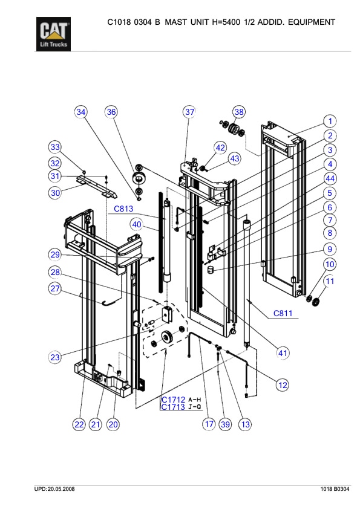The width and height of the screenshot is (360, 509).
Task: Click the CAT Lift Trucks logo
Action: [x=54, y=35]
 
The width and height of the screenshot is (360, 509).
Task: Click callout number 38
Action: [x=240, y=112]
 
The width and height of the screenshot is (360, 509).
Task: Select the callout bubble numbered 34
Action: [x=81, y=112]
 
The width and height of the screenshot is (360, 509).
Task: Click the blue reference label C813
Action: [x=124, y=210]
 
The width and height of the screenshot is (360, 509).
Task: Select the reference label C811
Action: [x=283, y=313]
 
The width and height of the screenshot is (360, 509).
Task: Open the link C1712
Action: [x=172, y=400]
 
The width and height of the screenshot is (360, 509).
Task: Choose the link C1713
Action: [x=172, y=407]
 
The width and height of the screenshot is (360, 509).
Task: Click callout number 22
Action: [x=79, y=424]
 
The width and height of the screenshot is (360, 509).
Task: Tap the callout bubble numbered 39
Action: [x=226, y=424]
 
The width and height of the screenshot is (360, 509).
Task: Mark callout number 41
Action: [x=282, y=352]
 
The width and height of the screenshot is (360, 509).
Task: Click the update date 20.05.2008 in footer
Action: [x=62, y=488]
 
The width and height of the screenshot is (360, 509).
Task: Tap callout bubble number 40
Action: [x=137, y=224]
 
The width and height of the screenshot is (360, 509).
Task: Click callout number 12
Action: [x=282, y=384]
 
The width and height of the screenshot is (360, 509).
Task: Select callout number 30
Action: [x=56, y=193]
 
